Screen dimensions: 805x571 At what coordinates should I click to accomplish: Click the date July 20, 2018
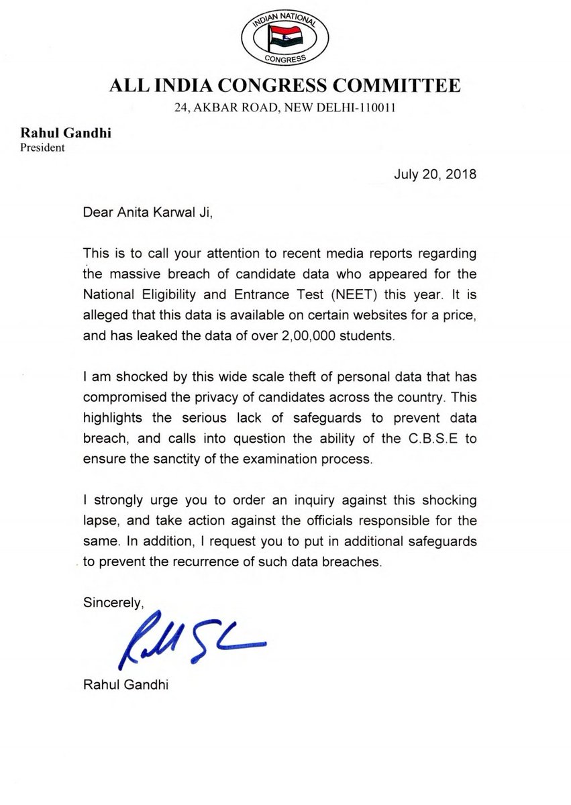435,176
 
